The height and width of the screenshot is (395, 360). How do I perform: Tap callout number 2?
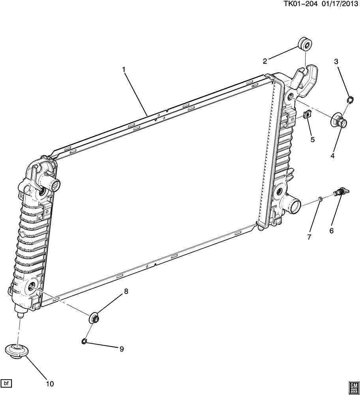click(x=265, y=61)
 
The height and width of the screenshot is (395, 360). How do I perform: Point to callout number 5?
click(x=312, y=139)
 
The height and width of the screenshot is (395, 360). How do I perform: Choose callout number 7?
click(x=309, y=237)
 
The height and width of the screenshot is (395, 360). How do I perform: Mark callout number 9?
click(x=122, y=349)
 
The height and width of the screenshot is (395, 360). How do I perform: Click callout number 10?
click(x=50, y=384)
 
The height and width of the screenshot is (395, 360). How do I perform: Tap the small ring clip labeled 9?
click(x=84, y=341)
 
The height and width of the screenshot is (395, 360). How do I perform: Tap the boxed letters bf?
click(x=6, y=383)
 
